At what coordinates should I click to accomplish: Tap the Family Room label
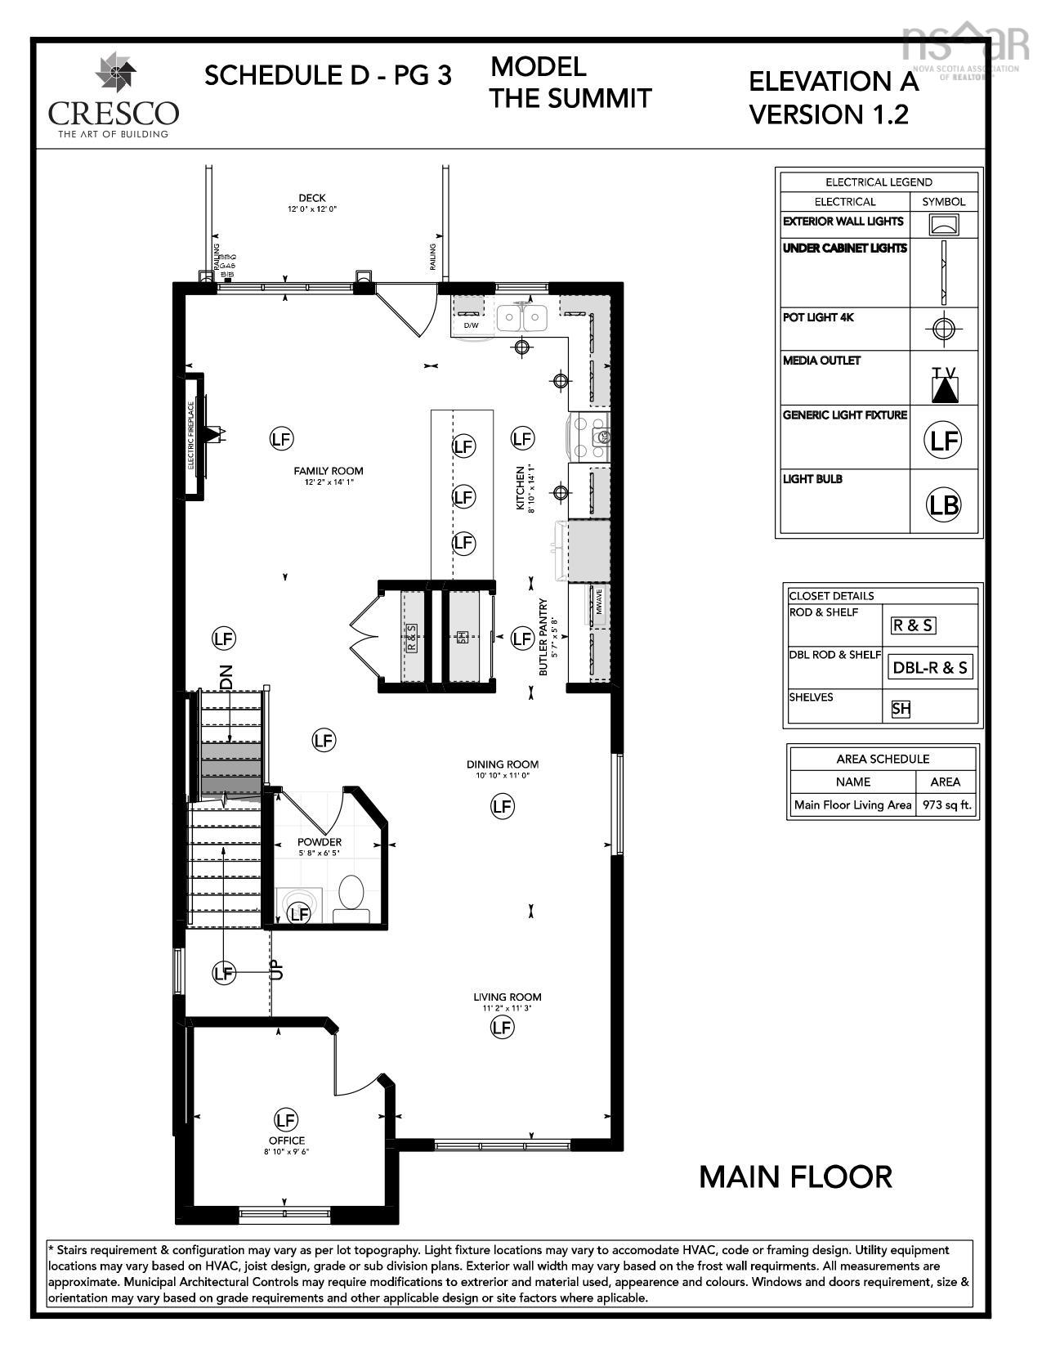point(329,471)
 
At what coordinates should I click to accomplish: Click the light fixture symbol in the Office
point(286,1119)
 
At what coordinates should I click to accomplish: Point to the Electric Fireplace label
point(191,435)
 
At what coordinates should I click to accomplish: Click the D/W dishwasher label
point(471,325)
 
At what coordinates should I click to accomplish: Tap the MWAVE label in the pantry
point(599,602)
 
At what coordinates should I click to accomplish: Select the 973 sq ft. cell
point(946,804)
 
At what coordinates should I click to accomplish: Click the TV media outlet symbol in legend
point(944,384)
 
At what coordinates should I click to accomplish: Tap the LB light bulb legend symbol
point(943,504)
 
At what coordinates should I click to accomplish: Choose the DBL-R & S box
point(929,667)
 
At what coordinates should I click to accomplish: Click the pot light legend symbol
point(943,329)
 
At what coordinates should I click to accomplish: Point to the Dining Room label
point(502,764)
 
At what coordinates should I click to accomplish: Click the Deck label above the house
point(311,198)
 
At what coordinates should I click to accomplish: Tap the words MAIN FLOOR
point(795,1177)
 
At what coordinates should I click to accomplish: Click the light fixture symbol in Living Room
point(502,1028)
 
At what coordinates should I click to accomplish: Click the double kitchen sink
point(522,317)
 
